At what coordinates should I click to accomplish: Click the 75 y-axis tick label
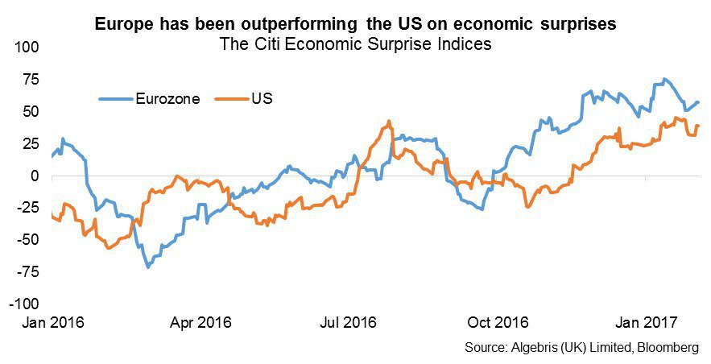pyautogui.click(x=31, y=79)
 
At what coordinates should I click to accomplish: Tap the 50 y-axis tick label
pyautogui.click(x=31, y=111)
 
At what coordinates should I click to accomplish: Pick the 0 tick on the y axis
pyautogui.click(x=35, y=176)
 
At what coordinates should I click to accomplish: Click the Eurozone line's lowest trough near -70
pyautogui.click(x=147, y=267)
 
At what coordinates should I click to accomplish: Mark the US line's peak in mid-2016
pyautogui.click(x=388, y=122)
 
